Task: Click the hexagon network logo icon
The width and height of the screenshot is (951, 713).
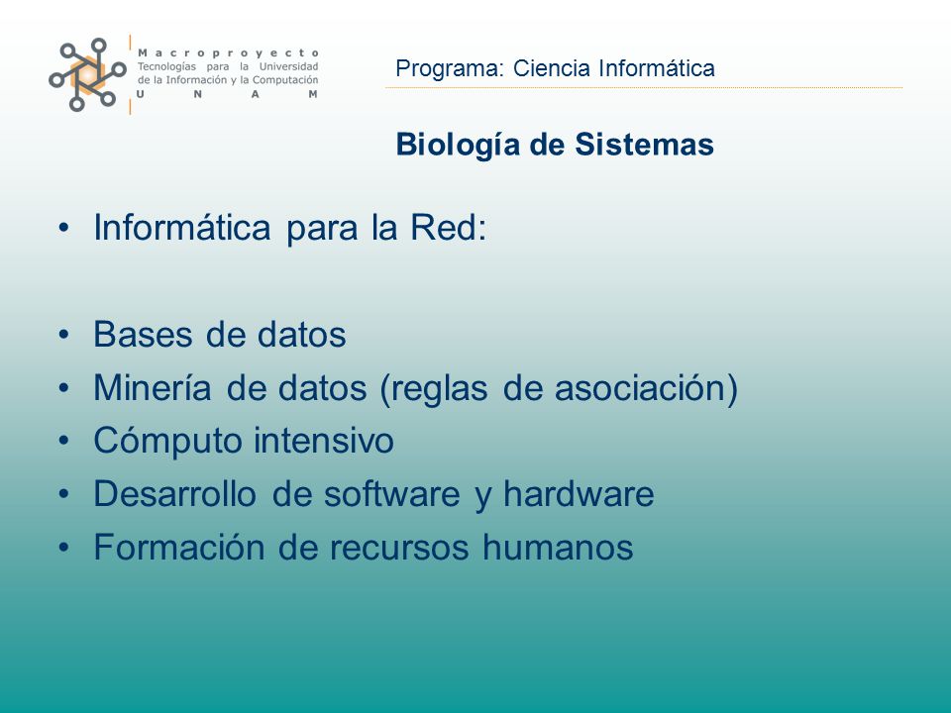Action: [87, 74]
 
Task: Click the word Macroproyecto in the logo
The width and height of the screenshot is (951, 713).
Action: [228, 53]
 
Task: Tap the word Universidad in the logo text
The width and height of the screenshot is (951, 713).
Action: [288, 66]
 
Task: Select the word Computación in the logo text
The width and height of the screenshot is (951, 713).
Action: [285, 80]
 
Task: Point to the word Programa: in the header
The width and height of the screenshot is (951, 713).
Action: [450, 68]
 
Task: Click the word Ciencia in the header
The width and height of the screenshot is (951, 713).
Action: [552, 68]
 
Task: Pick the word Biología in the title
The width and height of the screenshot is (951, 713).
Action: [458, 146]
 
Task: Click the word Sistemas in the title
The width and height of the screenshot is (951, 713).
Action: [644, 145]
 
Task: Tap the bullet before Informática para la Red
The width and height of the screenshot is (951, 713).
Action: [63, 229]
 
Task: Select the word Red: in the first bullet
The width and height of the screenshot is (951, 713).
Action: [448, 228]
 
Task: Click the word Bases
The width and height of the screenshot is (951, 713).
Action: [143, 334]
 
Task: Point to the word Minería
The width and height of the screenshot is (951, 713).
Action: [153, 387]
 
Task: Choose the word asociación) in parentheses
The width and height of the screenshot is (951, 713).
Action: [646, 388]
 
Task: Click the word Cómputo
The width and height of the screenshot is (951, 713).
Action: [168, 441]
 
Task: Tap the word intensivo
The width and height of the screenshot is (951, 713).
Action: [324, 441]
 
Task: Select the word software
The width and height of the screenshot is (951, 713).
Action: [392, 494]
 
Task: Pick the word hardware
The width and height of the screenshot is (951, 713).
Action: [579, 493]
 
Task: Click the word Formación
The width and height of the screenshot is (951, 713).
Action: [179, 547]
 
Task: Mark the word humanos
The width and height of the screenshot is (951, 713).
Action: [558, 547]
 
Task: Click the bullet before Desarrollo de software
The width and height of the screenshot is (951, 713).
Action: [63, 494]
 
